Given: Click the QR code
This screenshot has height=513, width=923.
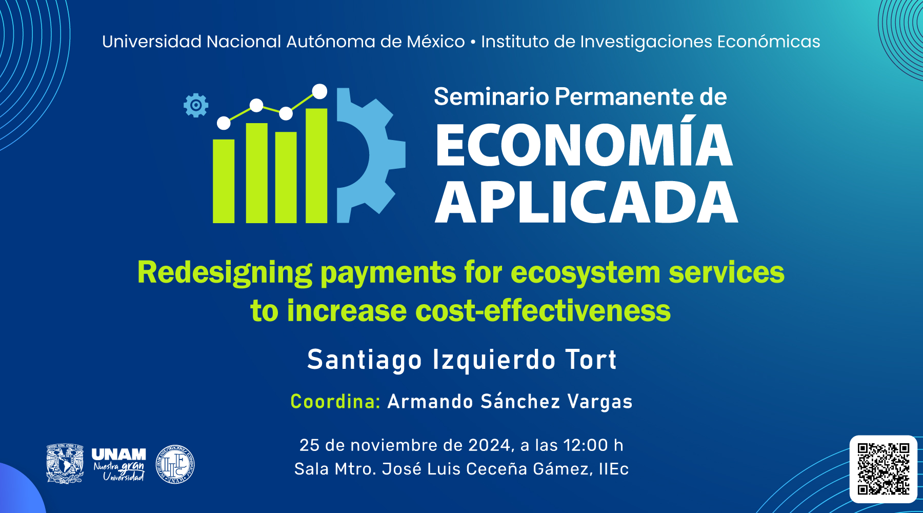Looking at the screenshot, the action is [x=884, y=469].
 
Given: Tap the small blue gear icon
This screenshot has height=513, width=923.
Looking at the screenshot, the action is [x=196, y=106].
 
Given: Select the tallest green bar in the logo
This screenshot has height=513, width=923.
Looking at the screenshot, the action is [x=316, y=165].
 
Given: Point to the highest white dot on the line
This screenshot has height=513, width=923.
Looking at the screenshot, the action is [x=319, y=91].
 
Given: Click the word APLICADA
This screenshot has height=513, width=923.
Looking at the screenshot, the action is [x=587, y=202].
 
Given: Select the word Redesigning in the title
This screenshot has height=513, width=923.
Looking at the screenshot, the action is [x=225, y=273].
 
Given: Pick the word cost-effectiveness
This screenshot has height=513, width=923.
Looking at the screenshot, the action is [x=543, y=311].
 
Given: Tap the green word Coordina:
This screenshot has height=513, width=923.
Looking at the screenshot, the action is [x=335, y=401].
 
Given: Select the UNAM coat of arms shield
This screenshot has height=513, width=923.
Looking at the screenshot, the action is [x=65, y=464].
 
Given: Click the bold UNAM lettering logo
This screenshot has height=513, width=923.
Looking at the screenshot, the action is [x=118, y=455].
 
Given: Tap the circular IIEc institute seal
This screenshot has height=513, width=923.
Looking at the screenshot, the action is [x=175, y=464].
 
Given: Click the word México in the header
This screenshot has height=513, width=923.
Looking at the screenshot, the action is [x=436, y=42].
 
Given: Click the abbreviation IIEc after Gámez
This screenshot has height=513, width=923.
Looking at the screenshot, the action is [x=613, y=469].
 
